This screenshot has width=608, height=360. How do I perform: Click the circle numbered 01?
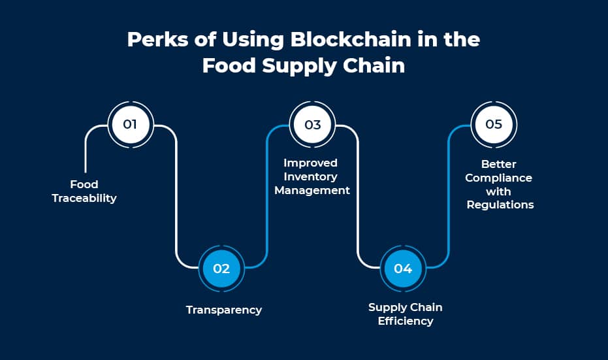pyautogui.click(x=131, y=125)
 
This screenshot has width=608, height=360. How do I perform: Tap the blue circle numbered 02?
pyautogui.click(x=221, y=269)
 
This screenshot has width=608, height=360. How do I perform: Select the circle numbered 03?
pyautogui.click(x=313, y=125)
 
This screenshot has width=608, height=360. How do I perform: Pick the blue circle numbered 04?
pyautogui.click(x=404, y=269)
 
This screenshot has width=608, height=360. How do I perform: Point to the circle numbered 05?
pyautogui.click(x=494, y=125)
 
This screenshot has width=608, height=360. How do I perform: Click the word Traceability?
pyautogui.click(x=84, y=198)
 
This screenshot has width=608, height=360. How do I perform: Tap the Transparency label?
pyautogui.click(x=224, y=310)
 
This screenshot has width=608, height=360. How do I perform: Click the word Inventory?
pyautogui.click(x=311, y=176)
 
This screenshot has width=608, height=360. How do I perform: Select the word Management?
pyautogui.click(x=312, y=191)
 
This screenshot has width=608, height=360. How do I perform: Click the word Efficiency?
pyautogui.click(x=406, y=321)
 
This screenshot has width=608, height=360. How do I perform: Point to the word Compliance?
pyautogui.click(x=499, y=178)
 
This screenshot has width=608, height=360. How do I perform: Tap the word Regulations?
pyautogui.click(x=500, y=205)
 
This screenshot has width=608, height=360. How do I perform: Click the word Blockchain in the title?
pyautogui.click(x=351, y=39)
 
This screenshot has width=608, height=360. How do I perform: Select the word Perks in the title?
pyautogui.click(x=158, y=39)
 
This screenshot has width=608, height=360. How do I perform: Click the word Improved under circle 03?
pyautogui.click(x=310, y=163)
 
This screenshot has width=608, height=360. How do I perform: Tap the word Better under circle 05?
pyautogui.click(x=499, y=164)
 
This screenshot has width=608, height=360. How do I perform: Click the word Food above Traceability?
pyautogui.click(x=84, y=184)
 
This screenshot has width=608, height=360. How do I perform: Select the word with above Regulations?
pyautogui.click(x=498, y=191)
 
